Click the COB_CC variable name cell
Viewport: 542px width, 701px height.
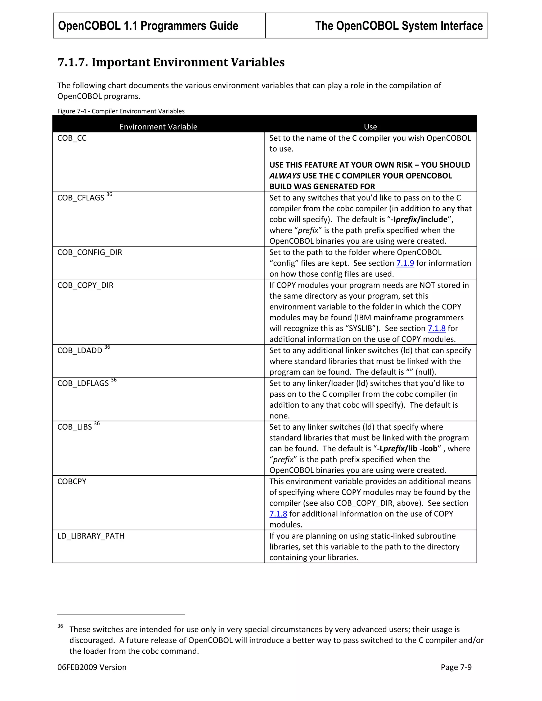pos(72,138)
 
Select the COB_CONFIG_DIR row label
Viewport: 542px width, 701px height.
pos(90,253)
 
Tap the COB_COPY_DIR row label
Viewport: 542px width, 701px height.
pos(85,286)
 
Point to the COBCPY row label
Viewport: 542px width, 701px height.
pos(72,482)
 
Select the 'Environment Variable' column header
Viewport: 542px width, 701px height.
pos(158,127)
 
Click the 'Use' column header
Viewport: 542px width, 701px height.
pos(370,127)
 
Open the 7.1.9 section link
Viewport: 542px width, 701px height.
pos(405,263)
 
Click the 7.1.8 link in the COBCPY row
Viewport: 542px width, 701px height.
pos(278,514)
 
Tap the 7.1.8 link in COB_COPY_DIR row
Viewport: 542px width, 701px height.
pos(436,329)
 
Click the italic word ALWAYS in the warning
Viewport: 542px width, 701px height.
pos(285,176)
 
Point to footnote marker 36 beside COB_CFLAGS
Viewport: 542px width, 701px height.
pos(109,194)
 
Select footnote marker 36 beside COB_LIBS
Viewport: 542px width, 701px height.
pos(97,424)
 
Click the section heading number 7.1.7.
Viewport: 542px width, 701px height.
pos(72,62)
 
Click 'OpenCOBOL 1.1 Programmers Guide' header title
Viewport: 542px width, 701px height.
pos(148,26)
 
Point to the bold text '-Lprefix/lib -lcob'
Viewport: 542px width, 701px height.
pos(407,449)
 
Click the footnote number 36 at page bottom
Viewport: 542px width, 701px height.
pos(60,626)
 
